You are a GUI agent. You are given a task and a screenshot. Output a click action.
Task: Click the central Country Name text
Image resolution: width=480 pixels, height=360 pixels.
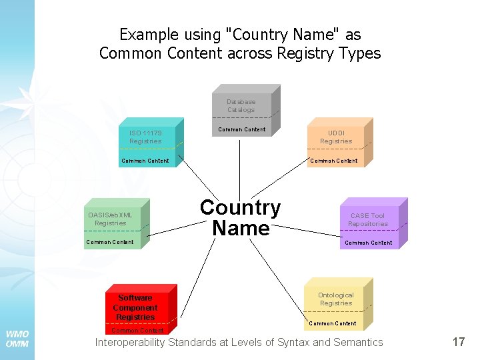240,218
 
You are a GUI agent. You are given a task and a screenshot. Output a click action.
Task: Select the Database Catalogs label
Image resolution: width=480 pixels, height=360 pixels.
241,106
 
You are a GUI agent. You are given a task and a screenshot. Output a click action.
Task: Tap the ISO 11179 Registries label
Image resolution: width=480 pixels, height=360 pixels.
145,137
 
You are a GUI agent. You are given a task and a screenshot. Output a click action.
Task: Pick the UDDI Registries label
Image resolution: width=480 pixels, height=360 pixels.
336,137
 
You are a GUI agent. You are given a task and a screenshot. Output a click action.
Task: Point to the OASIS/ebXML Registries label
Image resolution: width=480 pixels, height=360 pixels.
110,219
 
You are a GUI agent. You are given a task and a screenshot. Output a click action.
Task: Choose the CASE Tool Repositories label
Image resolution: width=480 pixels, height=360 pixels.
368,219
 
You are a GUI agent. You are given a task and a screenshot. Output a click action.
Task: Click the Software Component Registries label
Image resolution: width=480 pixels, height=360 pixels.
135,307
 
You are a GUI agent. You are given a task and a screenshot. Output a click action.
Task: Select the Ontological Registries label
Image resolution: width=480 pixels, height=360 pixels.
336,299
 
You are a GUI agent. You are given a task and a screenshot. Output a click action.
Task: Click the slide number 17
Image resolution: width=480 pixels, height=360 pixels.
458,342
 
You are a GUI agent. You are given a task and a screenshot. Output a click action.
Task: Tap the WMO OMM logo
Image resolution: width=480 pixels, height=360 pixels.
17,339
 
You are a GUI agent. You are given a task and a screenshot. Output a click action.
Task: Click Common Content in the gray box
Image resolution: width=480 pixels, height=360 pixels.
241,129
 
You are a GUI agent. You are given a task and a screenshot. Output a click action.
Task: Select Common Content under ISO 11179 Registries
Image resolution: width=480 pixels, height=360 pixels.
145,161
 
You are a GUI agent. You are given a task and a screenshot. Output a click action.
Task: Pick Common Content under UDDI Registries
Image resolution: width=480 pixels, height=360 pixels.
334,161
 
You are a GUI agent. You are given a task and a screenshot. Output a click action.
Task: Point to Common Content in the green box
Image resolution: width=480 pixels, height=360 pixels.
110,242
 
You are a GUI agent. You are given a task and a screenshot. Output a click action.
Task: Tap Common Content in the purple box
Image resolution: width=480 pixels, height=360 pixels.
368,243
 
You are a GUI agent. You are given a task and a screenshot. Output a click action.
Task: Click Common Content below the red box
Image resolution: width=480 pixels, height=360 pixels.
137,331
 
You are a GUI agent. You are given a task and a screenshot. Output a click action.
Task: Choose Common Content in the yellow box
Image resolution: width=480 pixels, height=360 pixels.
333,323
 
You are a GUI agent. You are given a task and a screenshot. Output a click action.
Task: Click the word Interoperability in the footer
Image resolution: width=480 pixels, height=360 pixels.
131,343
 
